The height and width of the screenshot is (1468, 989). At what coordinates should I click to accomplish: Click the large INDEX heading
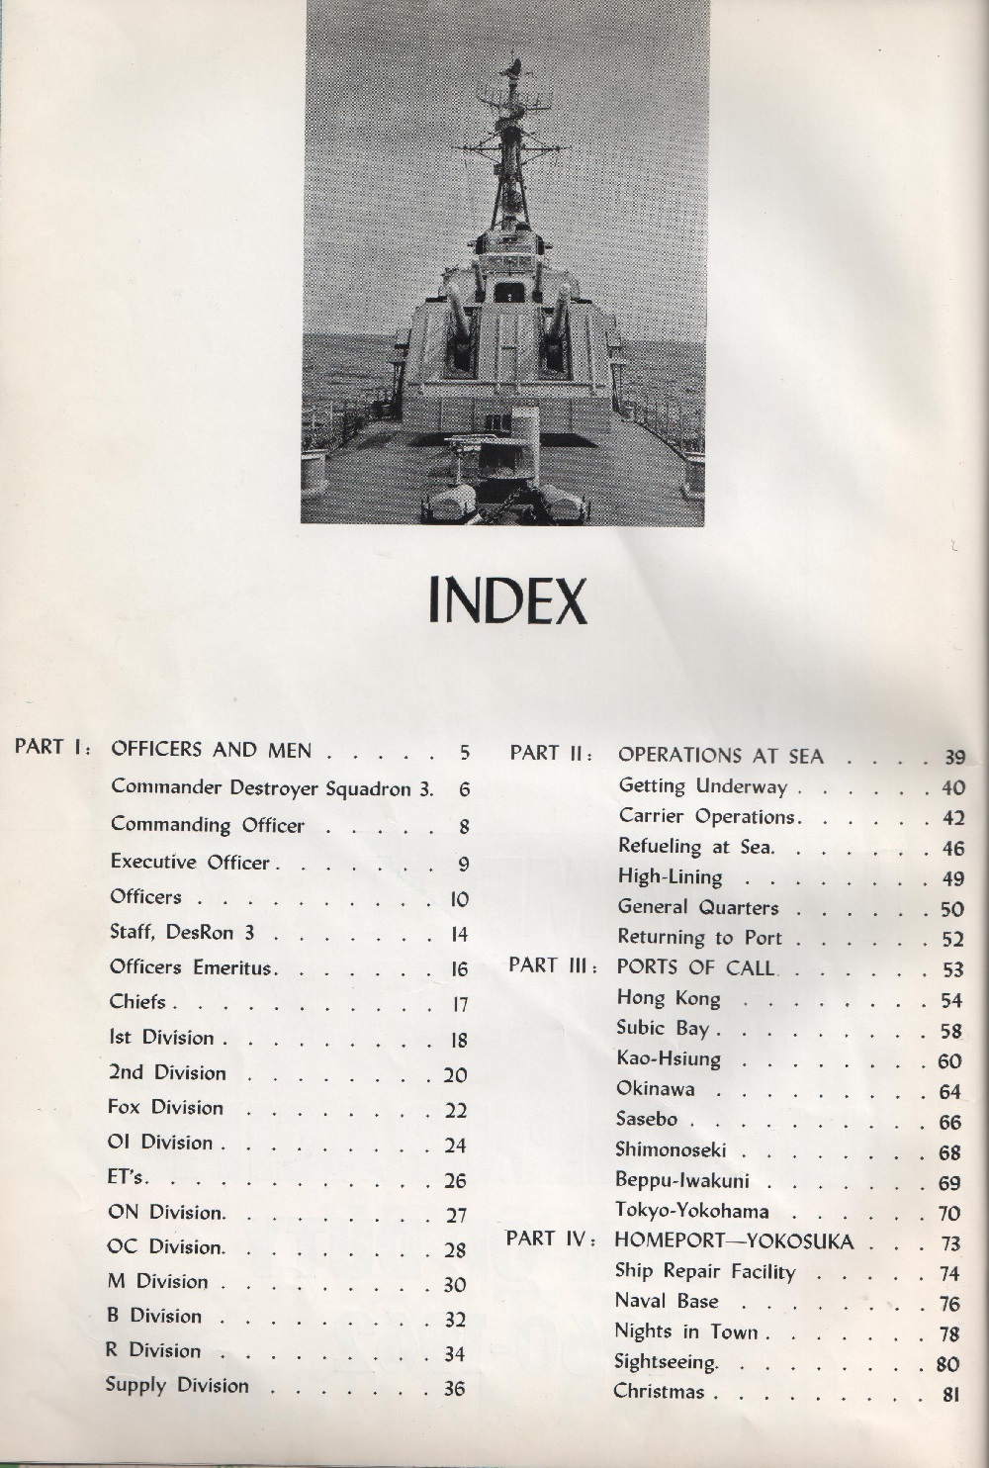pos(507,601)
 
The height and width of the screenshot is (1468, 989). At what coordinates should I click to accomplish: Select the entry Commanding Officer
pos(208,825)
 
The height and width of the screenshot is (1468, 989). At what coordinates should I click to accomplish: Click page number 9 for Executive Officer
pos(463,865)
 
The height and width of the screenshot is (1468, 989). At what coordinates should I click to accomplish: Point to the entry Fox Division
pos(165,1108)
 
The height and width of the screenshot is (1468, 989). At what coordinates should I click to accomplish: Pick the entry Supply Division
pos(177,1386)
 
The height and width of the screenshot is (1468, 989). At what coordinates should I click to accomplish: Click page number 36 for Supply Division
pos(454,1389)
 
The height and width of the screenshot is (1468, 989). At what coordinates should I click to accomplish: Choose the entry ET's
pos(128,1178)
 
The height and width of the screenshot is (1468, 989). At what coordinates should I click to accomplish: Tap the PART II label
pos(551,754)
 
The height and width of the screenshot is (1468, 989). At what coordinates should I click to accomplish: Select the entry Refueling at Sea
pos(696,847)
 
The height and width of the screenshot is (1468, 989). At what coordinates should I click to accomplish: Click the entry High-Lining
pos(670,877)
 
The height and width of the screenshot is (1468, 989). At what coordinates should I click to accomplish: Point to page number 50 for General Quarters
pos(951,910)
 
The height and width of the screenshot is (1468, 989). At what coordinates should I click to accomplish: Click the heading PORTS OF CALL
pos(696,966)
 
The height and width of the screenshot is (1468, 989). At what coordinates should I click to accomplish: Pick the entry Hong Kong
pos(669,998)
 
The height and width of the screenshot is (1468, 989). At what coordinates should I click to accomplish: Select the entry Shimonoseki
pos(671,1149)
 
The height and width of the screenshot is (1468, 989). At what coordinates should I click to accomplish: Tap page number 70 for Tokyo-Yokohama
pos(949,1213)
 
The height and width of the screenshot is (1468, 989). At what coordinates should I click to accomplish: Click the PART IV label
pos(550,1239)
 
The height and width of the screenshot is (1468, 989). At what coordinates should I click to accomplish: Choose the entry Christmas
pos(659,1392)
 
